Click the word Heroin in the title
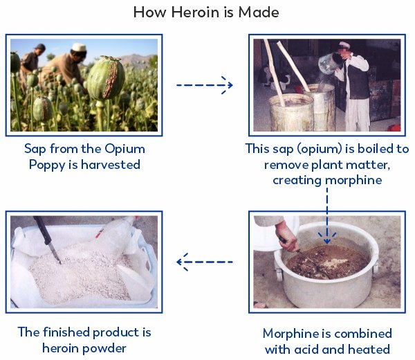pyautogui.click(x=190, y=12)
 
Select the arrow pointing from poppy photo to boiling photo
pyautogui.click(x=204, y=85)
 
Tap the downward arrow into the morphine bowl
pyautogui.click(x=326, y=215)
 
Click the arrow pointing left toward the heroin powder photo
pyautogui.click(x=205, y=262)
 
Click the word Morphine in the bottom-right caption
pyautogui.click(x=290, y=334)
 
